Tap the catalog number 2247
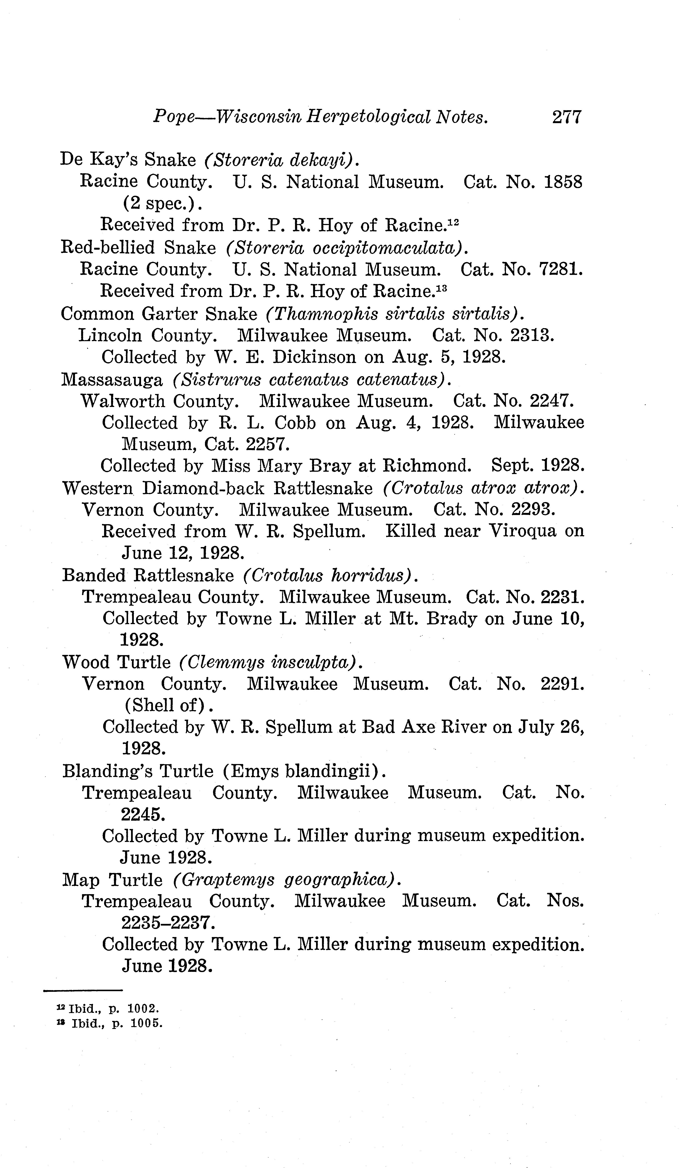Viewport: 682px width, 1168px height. click(x=552, y=400)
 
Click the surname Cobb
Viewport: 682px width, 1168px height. click(x=295, y=423)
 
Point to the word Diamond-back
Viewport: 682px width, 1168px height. click(x=203, y=488)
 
